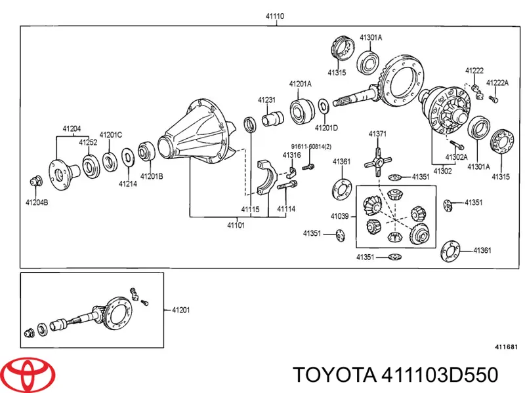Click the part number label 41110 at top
[x=275, y=16]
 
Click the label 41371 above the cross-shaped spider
[x=377, y=134]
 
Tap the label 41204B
[x=36, y=202]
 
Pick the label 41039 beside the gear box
[x=340, y=214]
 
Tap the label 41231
[x=266, y=100]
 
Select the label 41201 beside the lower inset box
[x=180, y=310]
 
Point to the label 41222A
[x=497, y=82]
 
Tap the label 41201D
[x=326, y=127]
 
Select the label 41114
[x=285, y=209]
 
